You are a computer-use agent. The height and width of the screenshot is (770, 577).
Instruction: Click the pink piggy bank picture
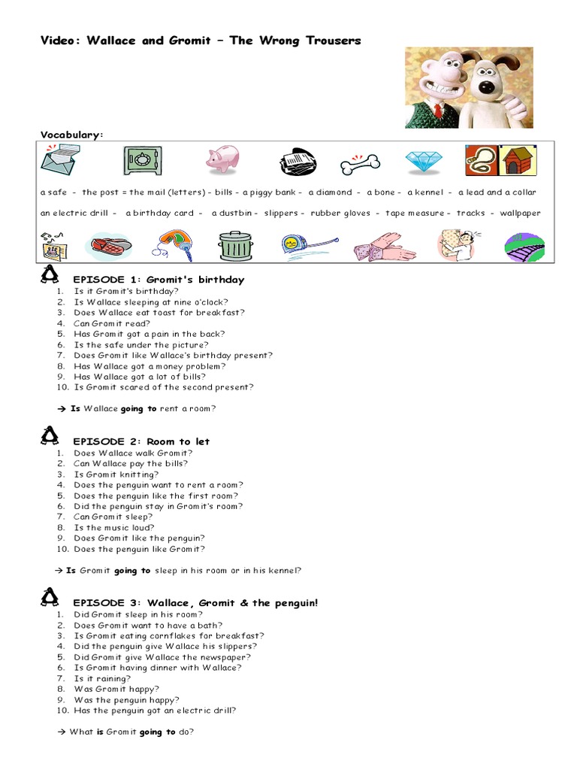pos(223,159)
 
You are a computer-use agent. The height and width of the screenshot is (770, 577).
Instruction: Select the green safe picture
pos(142,160)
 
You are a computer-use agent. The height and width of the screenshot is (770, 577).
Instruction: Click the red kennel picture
pos(517,160)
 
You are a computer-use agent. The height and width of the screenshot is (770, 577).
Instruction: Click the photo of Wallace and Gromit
pos(469,87)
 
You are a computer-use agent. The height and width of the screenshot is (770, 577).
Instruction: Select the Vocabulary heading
pos(71,135)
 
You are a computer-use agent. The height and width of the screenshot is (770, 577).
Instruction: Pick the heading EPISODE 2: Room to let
pos(141,441)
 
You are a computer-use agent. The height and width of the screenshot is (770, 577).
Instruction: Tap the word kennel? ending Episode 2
pos(285,571)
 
